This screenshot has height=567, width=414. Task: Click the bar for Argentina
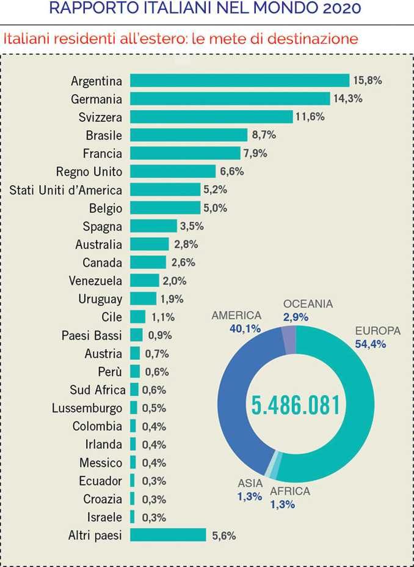tap(239, 81)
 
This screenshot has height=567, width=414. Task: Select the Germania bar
tap(230, 99)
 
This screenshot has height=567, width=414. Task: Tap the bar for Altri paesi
tap(168, 535)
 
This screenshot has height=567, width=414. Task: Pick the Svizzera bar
tap(211, 117)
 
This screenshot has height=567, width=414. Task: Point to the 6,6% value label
tap(231, 172)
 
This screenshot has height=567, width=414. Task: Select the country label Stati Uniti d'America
tap(66, 190)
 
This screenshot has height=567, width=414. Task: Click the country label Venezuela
tap(95, 281)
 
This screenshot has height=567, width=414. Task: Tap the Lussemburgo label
tap(87, 408)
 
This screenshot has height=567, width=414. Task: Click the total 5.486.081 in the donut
tap(296, 404)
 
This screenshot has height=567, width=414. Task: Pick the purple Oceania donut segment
tap(289, 339)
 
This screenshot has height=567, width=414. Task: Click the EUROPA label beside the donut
tap(377, 331)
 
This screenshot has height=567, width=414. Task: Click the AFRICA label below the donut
tap(289, 491)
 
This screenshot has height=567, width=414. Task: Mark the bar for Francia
tap(185, 154)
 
